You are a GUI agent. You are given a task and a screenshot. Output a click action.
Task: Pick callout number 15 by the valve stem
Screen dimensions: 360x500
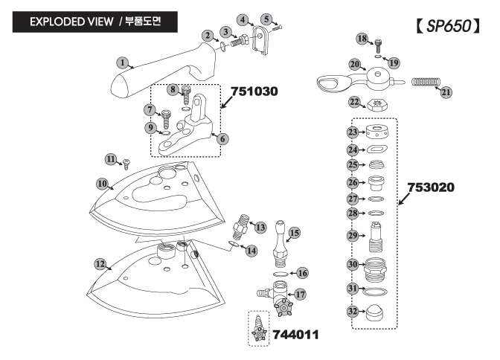pyautogui.click(x=294, y=233)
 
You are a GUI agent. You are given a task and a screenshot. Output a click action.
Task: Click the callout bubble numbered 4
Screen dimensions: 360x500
pyautogui.click(x=243, y=19)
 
